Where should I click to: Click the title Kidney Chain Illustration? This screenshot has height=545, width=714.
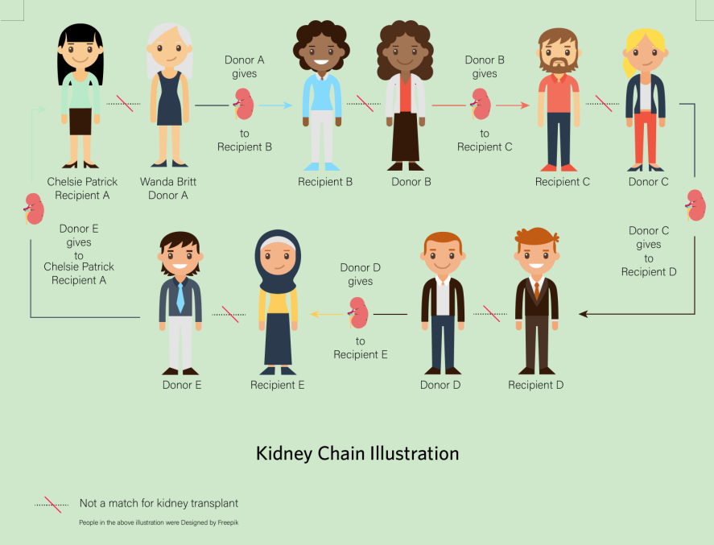357,453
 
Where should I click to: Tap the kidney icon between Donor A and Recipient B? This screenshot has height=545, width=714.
244,105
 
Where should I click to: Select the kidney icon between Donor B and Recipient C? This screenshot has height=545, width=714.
481,105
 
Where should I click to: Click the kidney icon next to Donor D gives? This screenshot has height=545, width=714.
358,312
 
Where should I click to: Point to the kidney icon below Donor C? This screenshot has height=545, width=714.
695,204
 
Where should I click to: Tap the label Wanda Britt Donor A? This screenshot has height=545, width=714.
168,188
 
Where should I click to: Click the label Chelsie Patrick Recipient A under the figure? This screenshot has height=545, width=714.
82,188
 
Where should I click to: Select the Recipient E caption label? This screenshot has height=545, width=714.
278,385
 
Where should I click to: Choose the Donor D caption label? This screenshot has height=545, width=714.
440,385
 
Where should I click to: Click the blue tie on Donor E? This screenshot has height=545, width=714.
180,296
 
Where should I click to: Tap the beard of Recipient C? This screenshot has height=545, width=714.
558,63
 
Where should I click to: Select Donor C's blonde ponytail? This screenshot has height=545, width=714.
629,64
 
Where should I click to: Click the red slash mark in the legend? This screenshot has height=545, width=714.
53,504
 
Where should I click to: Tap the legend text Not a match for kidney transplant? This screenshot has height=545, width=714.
159,504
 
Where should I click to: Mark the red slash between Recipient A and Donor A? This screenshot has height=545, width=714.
125,104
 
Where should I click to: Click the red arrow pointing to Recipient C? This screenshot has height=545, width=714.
513,105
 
